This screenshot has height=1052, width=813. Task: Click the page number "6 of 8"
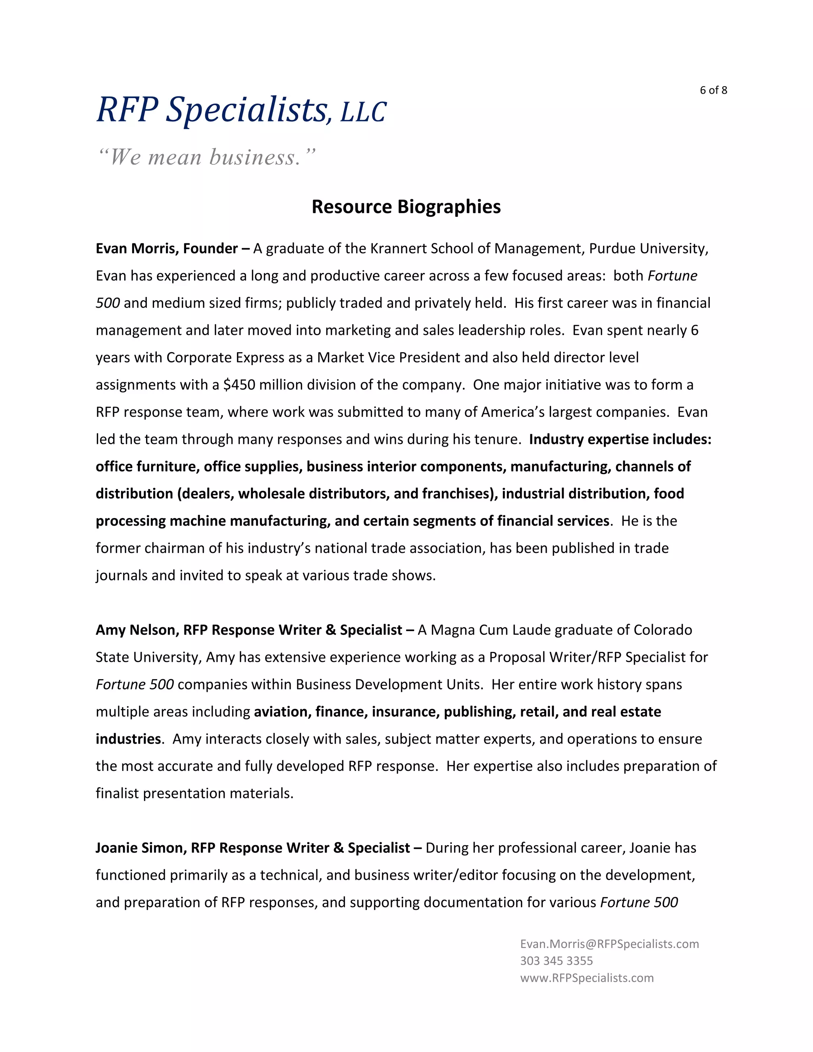(x=713, y=90)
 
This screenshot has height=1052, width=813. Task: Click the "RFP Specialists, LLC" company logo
(x=241, y=110)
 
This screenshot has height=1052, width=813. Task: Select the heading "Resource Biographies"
(x=406, y=207)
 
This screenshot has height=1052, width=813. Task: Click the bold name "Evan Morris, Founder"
(x=167, y=249)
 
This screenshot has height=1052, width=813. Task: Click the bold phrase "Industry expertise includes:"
(x=620, y=439)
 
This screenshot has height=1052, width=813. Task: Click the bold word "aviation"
(x=282, y=712)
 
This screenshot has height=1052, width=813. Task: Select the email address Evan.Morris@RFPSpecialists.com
(x=609, y=944)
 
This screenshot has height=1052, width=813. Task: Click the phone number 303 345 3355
(x=556, y=961)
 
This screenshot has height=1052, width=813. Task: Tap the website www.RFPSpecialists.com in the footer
(x=587, y=978)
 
